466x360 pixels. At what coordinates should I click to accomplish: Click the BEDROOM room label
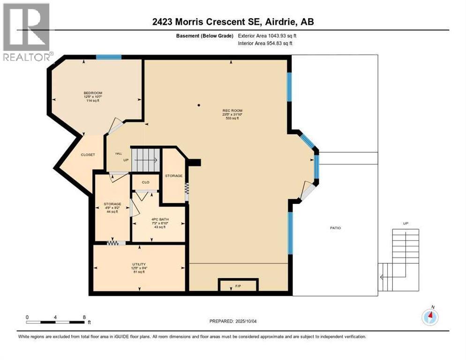tap(93, 93)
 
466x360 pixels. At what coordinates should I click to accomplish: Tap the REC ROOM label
tap(232, 111)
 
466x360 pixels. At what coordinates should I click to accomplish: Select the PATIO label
tap(335, 228)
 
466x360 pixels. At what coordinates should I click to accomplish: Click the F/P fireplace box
tap(238, 285)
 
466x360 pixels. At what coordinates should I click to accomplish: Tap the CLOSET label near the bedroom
tap(88, 154)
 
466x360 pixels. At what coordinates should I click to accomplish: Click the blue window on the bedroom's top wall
tap(109, 57)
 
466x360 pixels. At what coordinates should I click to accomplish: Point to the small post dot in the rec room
tap(199, 105)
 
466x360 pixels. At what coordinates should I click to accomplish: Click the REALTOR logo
tap(27, 32)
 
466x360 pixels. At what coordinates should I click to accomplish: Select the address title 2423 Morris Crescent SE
tap(233, 22)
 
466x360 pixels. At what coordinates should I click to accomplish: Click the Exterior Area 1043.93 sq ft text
tap(267, 36)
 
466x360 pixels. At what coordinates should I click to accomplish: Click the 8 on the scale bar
tap(84, 317)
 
